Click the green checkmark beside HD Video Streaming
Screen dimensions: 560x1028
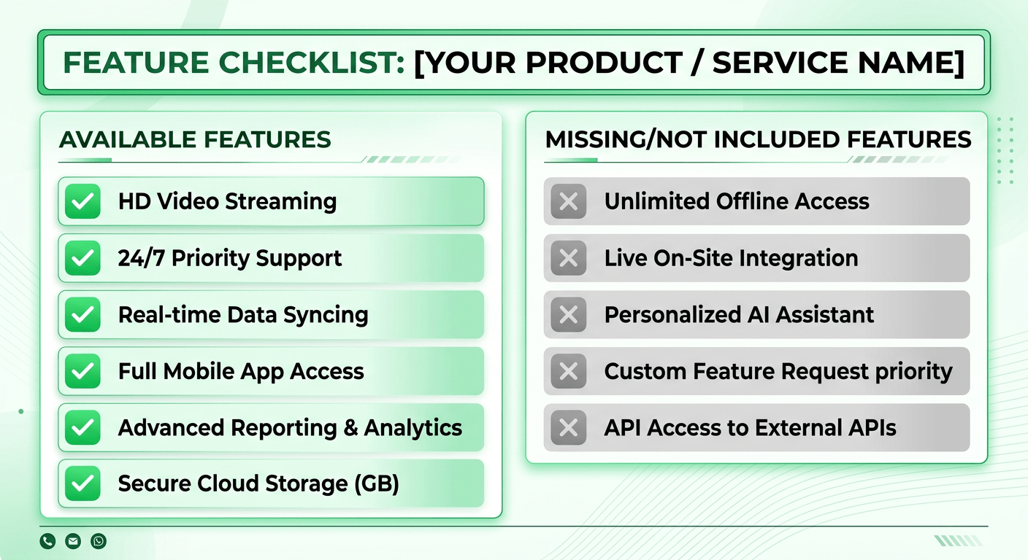(x=83, y=202)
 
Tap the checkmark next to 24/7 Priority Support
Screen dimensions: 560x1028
(x=83, y=258)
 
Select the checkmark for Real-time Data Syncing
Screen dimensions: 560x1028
(x=83, y=315)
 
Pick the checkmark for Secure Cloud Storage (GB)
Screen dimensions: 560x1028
(x=83, y=483)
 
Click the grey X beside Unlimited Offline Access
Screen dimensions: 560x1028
(x=568, y=202)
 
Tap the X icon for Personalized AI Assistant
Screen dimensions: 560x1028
(x=568, y=315)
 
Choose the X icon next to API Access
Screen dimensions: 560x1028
(x=568, y=427)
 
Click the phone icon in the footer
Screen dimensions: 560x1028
(x=47, y=541)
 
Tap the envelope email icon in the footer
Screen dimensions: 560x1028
(x=73, y=541)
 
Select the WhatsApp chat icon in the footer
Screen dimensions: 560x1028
(x=99, y=541)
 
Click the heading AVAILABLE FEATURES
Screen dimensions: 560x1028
(x=195, y=139)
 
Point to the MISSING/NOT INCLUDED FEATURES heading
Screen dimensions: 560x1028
(x=758, y=139)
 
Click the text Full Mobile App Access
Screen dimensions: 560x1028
(x=241, y=371)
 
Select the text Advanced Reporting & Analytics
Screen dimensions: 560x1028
(x=290, y=427)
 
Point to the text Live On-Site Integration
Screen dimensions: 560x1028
(x=731, y=258)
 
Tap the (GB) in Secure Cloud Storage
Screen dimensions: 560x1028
(x=376, y=483)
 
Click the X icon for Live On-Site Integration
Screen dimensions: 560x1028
(x=568, y=258)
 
